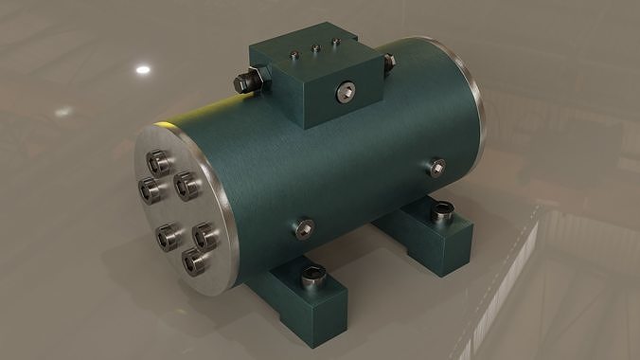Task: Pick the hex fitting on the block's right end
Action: click(x=387, y=63)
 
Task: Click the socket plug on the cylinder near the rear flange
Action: click(x=436, y=168)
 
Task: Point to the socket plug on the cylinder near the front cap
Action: click(x=304, y=225)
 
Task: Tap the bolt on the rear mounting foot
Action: click(x=441, y=212)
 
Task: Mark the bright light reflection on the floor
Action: click(x=143, y=69)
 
